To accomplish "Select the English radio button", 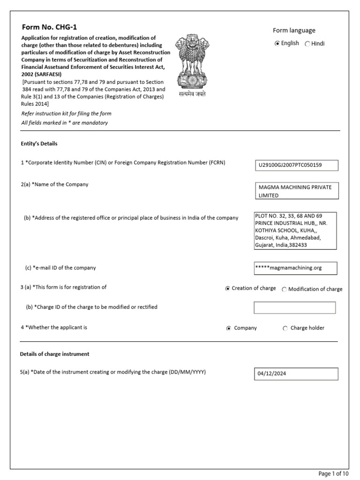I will (x=277, y=44).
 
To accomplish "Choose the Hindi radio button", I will (x=307, y=44).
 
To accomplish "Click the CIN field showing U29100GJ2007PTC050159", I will (x=295, y=165).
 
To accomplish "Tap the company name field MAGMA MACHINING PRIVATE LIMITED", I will (x=295, y=191).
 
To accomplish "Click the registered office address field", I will (x=295, y=230).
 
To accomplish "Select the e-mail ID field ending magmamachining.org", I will (x=295, y=268).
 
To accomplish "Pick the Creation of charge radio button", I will (x=228, y=289).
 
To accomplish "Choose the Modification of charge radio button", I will (x=284, y=289).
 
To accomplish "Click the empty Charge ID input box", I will (x=295, y=307).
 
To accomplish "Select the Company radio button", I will (x=228, y=328).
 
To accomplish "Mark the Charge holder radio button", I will (x=285, y=328).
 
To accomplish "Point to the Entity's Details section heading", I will (x=39, y=143).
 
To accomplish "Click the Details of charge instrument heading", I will (x=55, y=354).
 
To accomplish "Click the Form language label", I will (x=294, y=30).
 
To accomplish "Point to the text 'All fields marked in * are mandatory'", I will (x=65, y=123).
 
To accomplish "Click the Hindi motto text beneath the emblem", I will (x=192, y=94).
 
